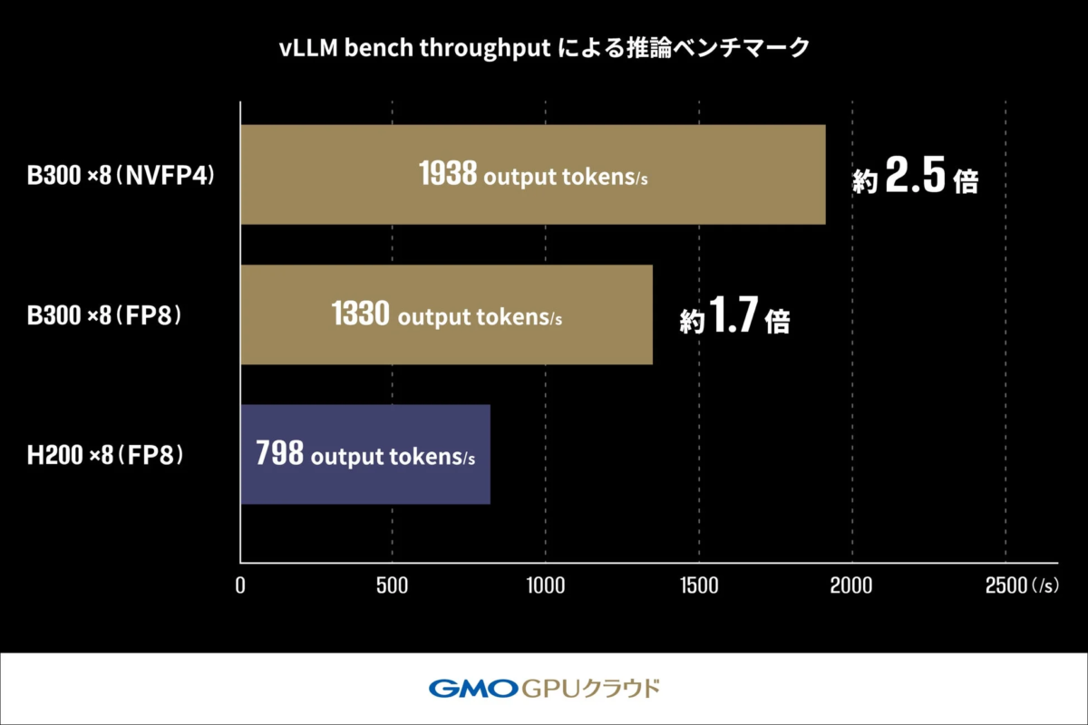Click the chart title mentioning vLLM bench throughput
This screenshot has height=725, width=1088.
(544, 48)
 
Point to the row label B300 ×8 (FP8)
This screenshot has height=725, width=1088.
(107, 315)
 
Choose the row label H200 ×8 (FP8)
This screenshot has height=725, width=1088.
(107, 455)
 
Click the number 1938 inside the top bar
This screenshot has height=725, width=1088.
(448, 175)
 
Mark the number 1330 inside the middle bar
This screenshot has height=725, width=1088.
(361, 315)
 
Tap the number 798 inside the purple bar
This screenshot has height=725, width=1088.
(279, 455)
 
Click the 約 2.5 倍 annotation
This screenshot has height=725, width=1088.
(915, 180)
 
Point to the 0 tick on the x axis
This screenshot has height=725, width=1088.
(240, 585)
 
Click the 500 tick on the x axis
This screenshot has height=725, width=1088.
(393, 585)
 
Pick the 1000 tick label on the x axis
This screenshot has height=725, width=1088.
(545, 585)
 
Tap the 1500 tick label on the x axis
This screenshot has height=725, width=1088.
(698, 585)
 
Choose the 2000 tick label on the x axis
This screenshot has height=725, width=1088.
(851, 585)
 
